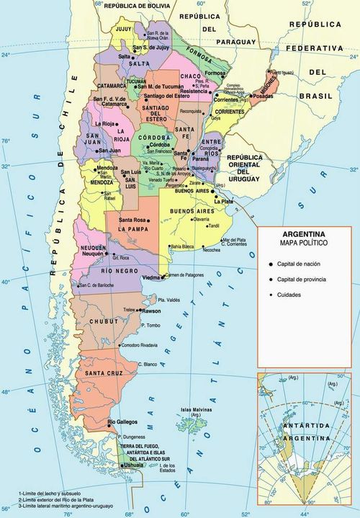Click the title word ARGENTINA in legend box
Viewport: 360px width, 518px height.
[x=303, y=235]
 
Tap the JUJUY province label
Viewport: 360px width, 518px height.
[x=125, y=29]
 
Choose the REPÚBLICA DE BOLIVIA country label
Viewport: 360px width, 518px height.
[x=139, y=5]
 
